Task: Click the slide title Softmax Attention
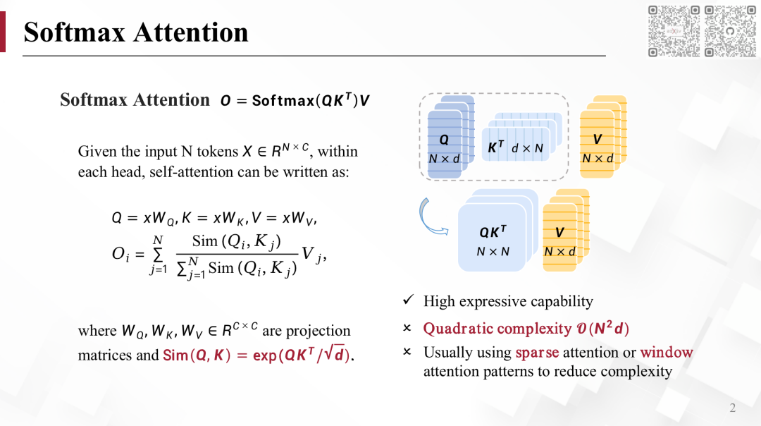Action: click(x=136, y=32)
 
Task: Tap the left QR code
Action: click(x=674, y=30)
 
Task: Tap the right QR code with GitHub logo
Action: click(x=730, y=30)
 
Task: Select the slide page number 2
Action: click(x=733, y=408)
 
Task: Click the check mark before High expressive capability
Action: click(x=407, y=301)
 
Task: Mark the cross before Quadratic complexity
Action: click(x=407, y=329)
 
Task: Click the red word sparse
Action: click(x=537, y=352)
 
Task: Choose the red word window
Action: click(x=667, y=352)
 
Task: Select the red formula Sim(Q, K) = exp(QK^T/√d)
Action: click(x=257, y=355)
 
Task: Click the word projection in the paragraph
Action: click(x=318, y=331)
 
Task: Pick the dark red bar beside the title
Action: click(x=2, y=32)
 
